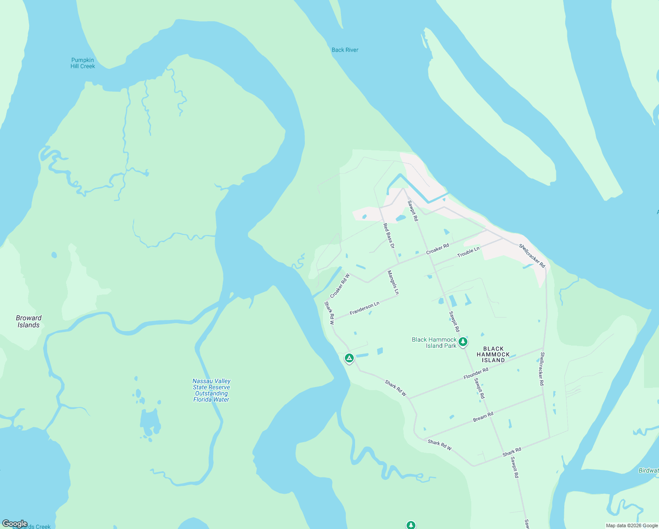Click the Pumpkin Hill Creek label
point(83,63)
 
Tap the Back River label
point(345,50)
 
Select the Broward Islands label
point(29,321)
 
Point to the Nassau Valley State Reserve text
point(211,390)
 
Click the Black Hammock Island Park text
point(434,343)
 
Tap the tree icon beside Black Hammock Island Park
point(463,342)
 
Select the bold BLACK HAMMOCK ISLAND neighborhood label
point(493,354)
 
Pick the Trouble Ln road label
point(468,252)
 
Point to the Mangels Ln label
point(393,283)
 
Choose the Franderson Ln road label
point(364,309)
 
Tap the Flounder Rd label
point(476,373)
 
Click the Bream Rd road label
point(483,417)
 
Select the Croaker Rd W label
point(340,286)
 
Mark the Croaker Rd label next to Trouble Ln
point(437,249)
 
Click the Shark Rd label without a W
point(512,452)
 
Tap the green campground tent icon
point(349,358)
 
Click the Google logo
point(15,524)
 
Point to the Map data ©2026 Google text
point(632,525)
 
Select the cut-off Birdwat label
point(648,470)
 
